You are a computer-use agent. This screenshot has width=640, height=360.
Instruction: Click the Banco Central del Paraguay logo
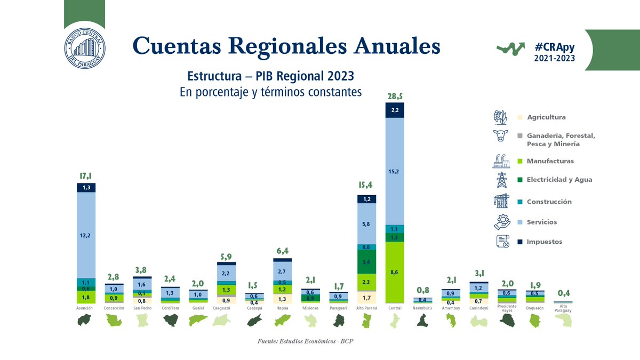(84, 47)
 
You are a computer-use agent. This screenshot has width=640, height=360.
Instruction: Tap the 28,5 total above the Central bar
(395, 95)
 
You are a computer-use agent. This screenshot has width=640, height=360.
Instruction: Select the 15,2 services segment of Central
(395, 171)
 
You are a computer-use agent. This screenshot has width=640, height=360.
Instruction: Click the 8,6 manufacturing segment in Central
(395, 272)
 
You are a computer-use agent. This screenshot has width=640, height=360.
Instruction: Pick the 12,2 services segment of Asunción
(86, 235)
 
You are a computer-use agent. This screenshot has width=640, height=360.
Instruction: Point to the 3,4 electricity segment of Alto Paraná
(366, 262)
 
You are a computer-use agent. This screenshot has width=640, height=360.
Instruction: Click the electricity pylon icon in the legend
(501, 180)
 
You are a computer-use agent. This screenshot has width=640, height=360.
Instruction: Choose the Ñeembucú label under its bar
(422, 308)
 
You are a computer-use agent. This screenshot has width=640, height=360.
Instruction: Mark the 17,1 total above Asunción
(86, 176)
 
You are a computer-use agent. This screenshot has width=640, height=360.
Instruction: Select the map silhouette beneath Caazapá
(254, 321)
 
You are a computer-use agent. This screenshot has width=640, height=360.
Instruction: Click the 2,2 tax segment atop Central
(395, 110)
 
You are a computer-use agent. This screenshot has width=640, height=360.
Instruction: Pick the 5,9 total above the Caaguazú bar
(226, 257)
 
